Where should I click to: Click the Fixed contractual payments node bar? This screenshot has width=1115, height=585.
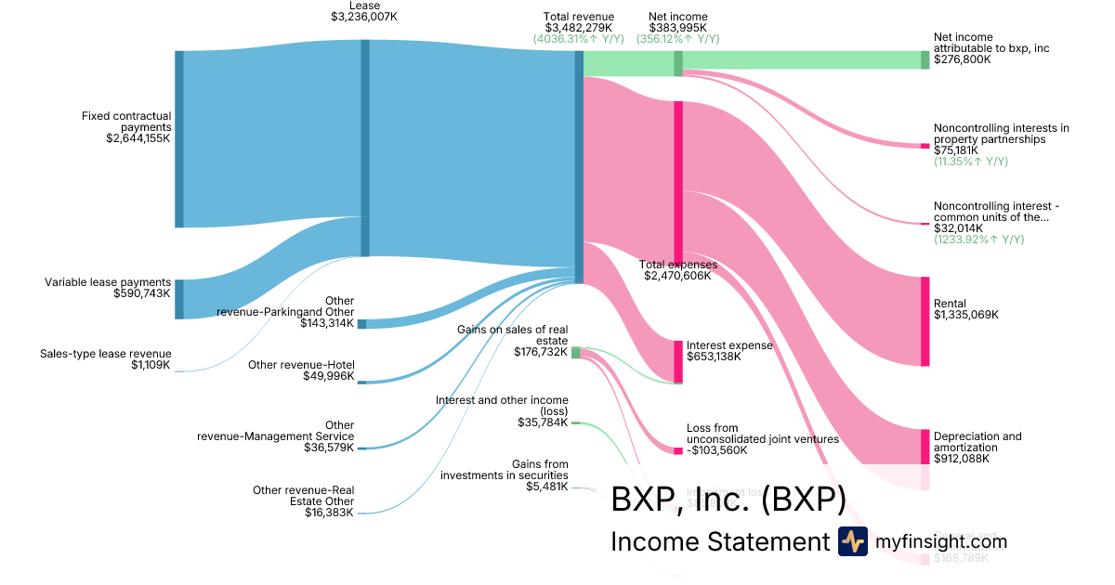[x=179, y=138]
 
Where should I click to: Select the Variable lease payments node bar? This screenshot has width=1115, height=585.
[x=179, y=299]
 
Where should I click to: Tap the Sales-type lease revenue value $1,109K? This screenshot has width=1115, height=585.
[x=151, y=365]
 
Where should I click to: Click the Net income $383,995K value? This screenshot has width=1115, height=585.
[x=677, y=28]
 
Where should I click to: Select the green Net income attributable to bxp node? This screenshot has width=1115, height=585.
[x=925, y=59]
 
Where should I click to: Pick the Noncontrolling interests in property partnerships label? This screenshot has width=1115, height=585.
[x=1001, y=134]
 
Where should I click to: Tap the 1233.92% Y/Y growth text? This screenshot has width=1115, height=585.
[x=978, y=240]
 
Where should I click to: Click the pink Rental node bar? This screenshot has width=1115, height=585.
[x=925, y=320]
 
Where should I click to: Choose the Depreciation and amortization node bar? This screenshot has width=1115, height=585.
[x=925, y=446]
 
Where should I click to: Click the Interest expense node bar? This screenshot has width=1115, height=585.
[x=678, y=361]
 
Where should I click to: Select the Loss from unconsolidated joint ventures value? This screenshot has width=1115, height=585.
[x=716, y=450]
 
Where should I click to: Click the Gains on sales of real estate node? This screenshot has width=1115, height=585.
[x=575, y=352]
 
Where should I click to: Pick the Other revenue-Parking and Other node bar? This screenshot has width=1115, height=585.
[x=361, y=324]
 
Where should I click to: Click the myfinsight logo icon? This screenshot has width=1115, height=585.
[x=852, y=541]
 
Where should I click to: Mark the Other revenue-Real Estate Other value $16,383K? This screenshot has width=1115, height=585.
[x=329, y=513]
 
